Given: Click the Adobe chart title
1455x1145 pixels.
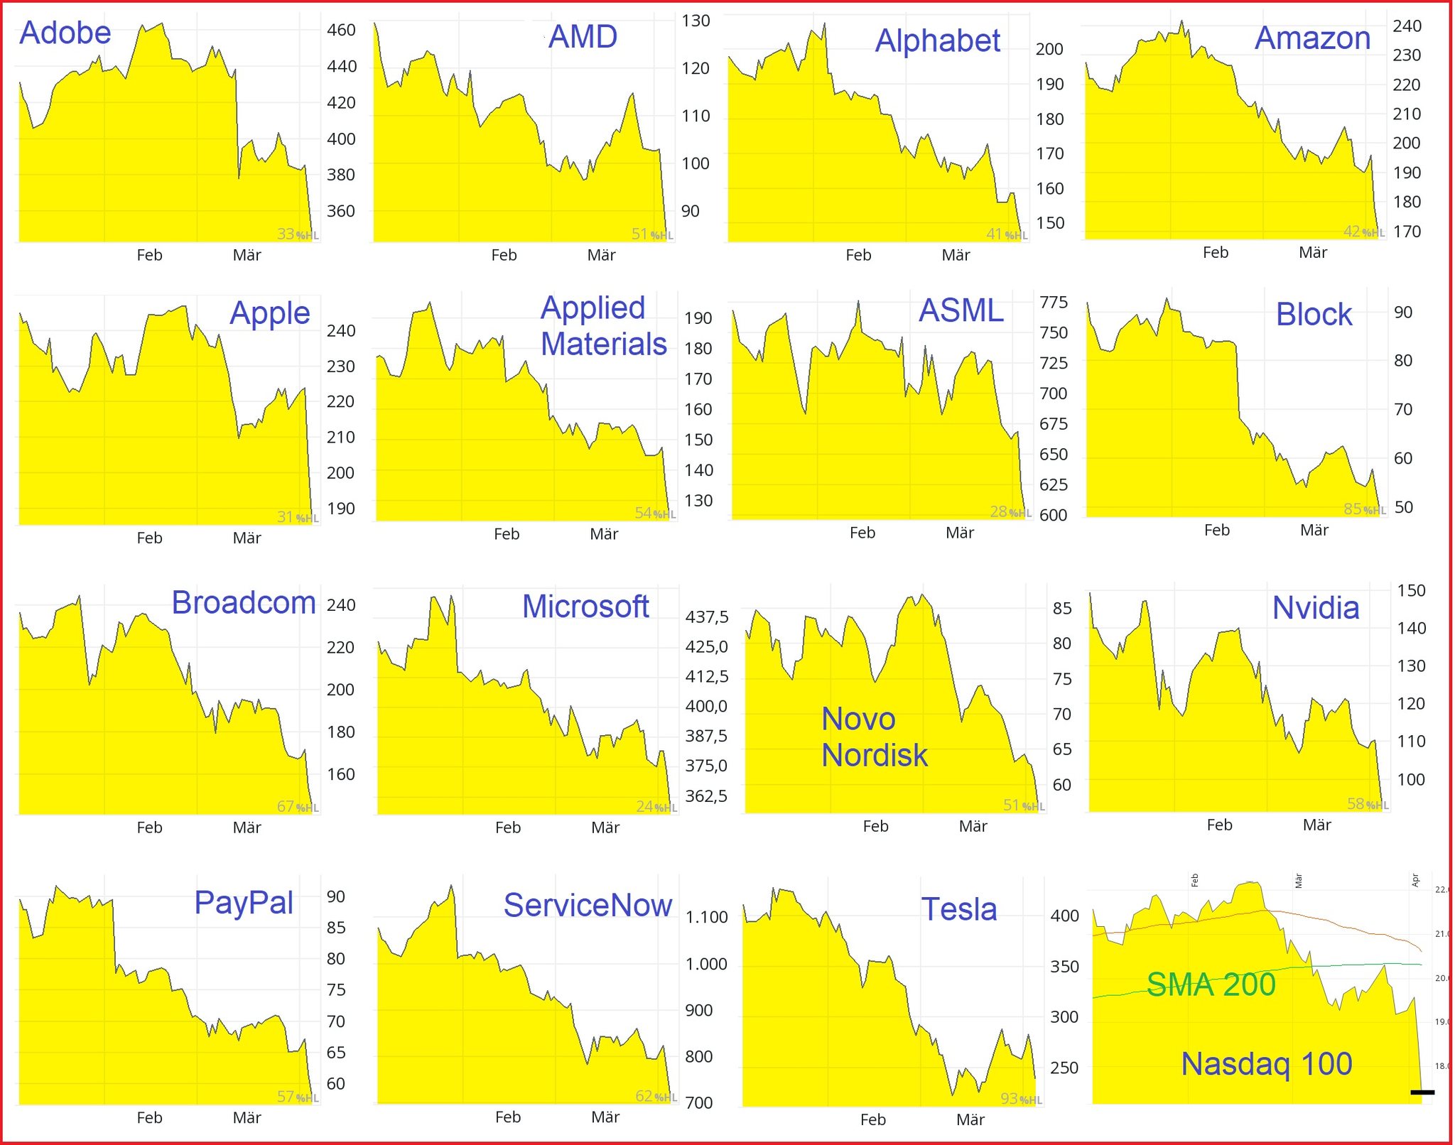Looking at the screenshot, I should tap(65, 33).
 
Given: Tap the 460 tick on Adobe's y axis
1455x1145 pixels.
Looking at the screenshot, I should tap(341, 30).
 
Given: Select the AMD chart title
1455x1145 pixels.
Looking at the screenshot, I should tap(583, 37).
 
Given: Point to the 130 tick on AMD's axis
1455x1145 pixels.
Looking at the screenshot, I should tap(696, 21).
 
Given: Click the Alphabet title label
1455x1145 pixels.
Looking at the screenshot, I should tap(937, 40).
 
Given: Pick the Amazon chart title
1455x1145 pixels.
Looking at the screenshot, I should tap(1312, 38).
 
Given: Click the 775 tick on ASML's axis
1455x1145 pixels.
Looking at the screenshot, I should tap(1053, 303).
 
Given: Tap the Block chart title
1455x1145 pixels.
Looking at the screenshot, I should tap(1314, 315).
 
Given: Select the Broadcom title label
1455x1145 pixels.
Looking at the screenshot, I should tap(244, 603).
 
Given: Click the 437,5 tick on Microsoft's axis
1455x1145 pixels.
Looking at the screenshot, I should tap(706, 617).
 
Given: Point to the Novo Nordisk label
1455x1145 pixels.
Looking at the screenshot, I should tap(874, 737).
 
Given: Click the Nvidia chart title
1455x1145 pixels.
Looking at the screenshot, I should tap(1315, 608).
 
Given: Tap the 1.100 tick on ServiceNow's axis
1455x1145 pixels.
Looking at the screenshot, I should tap(706, 917).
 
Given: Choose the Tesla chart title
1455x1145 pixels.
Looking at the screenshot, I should tap(959, 909).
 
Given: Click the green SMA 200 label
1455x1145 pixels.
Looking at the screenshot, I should tap(1211, 984).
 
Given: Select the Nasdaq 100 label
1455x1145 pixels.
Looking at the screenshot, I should tap(1266, 1064).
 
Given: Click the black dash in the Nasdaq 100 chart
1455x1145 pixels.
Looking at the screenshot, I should tap(1422, 1092).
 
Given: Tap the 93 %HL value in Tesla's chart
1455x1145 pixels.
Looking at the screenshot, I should tap(1020, 1099).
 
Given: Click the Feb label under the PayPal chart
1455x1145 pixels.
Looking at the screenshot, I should tap(149, 1118).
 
